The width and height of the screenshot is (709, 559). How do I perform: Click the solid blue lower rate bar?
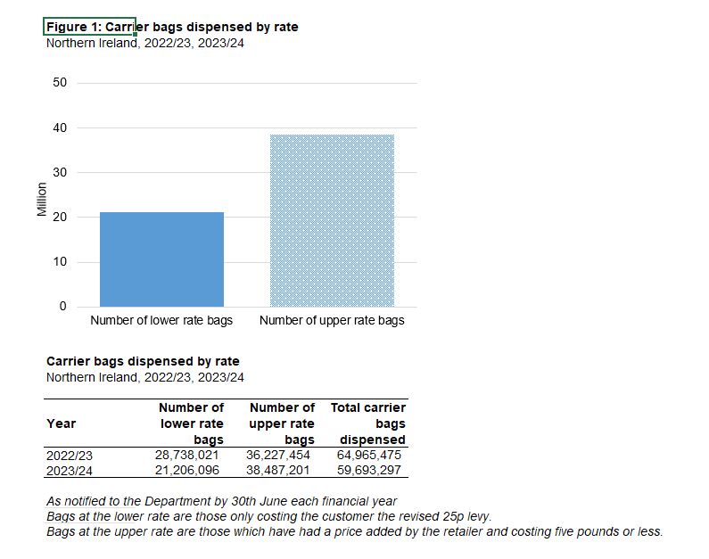(x=161, y=259)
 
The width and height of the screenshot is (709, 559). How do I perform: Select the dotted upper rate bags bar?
(x=332, y=220)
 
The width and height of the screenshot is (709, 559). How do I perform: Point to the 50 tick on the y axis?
(x=60, y=83)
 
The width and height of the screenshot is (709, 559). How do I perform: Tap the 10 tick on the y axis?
(x=60, y=262)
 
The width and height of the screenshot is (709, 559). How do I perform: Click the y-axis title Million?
(x=41, y=199)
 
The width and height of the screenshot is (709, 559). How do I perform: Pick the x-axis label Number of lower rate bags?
(x=161, y=321)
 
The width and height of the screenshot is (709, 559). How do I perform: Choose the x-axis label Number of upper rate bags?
(x=332, y=321)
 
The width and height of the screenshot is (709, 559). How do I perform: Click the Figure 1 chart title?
(x=172, y=28)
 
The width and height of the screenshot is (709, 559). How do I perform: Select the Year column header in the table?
(x=61, y=423)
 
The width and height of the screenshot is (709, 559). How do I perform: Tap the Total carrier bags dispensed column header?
(x=369, y=423)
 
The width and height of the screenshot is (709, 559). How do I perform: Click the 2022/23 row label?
(x=69, y=455)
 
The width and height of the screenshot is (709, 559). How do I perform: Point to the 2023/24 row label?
(x=69, y=470)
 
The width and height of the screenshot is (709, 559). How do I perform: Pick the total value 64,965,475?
(x=368, y=455)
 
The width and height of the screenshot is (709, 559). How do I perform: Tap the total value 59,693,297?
(x=368, y=470)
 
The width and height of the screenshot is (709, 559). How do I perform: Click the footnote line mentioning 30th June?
(x=222, y=502)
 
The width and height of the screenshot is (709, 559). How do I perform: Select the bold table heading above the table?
(x=143, y=362)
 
